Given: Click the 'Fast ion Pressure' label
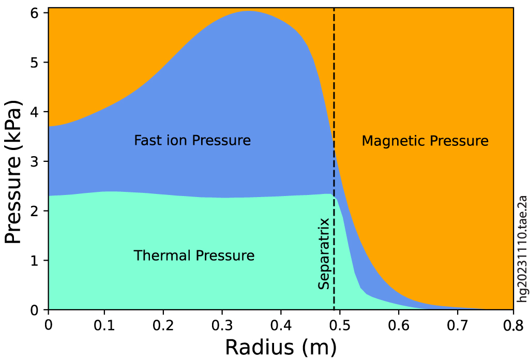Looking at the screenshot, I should (x=192, y=141).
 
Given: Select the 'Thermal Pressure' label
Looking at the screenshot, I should (x=194, y=255).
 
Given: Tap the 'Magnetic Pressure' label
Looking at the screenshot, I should (x=425, y=141).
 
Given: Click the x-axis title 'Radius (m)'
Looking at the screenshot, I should (x=280, y=346).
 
